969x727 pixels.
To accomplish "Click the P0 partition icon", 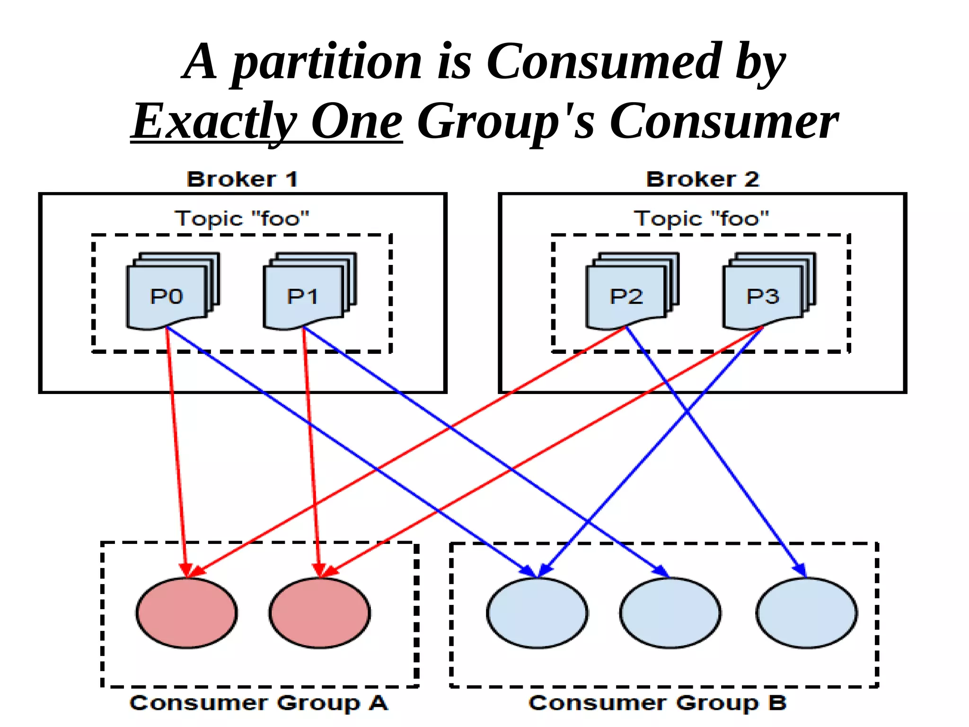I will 167,296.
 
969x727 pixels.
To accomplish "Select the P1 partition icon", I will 303,296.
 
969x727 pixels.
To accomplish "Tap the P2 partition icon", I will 626,296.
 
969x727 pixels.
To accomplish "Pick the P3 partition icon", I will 763,296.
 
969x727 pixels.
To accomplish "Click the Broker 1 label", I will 242,180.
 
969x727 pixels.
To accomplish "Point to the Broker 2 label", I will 703,180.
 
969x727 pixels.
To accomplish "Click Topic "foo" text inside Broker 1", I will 242,219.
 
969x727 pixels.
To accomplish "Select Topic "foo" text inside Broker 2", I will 701,219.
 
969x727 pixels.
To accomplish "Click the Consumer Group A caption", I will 259,703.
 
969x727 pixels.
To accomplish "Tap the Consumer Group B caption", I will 658,703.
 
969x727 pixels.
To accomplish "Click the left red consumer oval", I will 186,613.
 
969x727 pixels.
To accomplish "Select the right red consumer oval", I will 320,613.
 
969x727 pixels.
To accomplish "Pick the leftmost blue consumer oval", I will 537,613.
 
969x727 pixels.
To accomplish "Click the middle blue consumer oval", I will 670,613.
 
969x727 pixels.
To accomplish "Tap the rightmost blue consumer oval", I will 806,613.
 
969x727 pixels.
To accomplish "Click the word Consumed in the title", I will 604,61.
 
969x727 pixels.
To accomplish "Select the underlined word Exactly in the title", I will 214,122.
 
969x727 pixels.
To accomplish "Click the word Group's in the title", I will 505,122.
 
